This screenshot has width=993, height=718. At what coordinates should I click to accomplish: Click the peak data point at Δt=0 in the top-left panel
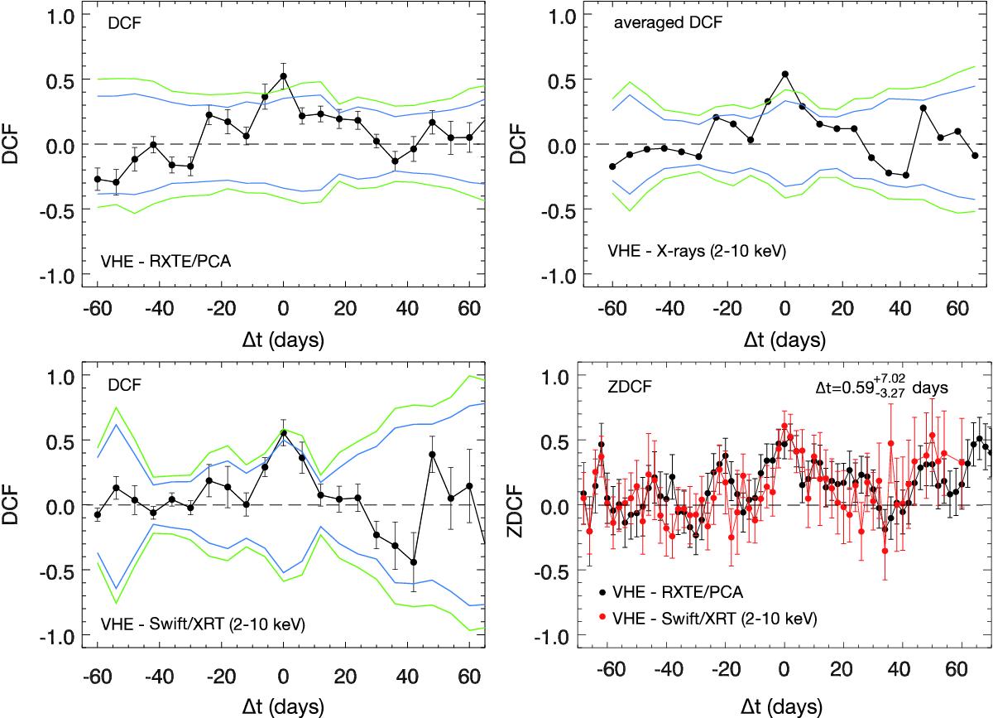(x=283, y=76)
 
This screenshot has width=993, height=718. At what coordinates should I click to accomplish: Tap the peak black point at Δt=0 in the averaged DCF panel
(x=784, y=74)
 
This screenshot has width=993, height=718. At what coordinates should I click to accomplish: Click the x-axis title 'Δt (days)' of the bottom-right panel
(x=784, y=706)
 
